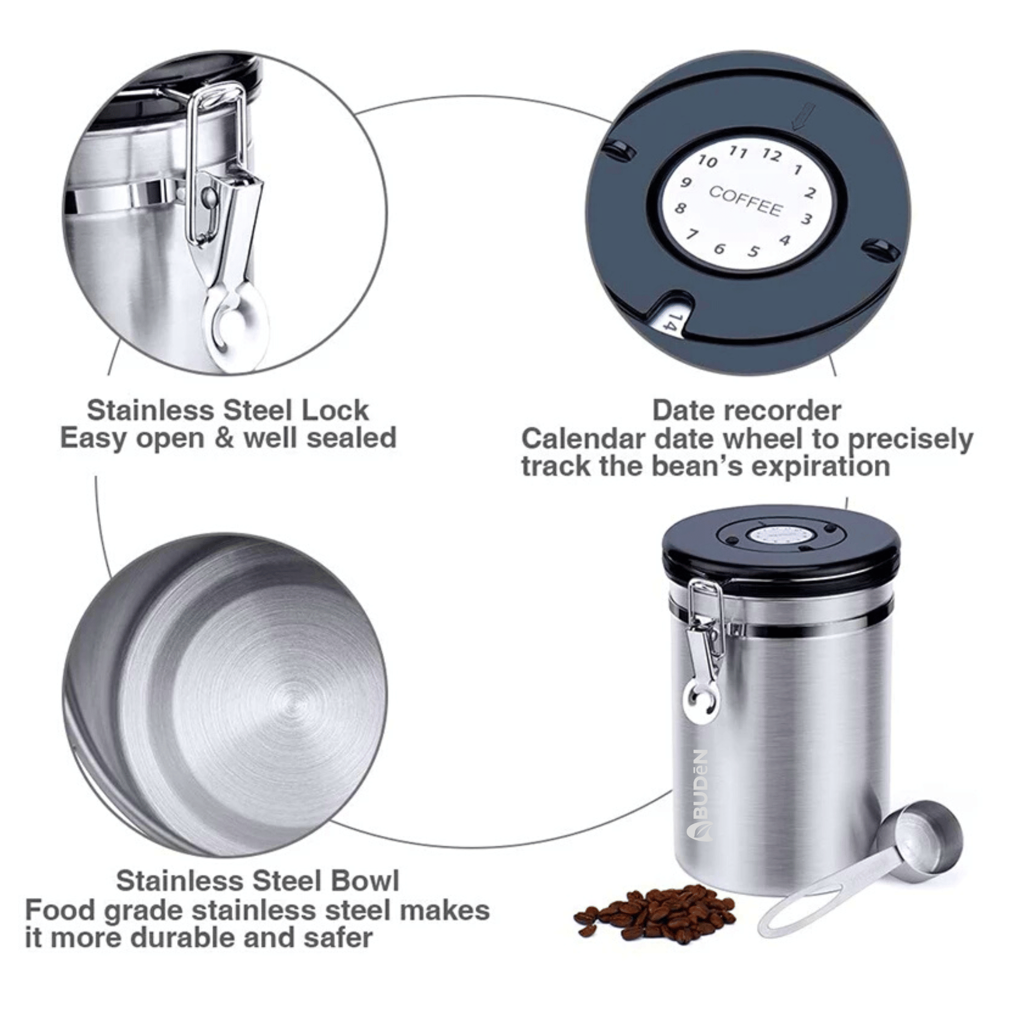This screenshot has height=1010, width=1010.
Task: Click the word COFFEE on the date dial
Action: (x=745, y=201)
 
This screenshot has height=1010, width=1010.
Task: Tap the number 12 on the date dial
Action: (x=772, y=155)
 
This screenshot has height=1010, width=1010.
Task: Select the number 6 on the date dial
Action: (x=719, y=248)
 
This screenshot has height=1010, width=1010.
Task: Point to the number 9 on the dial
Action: (x=686, y=183)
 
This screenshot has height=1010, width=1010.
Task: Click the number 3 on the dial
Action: (x=806, y=219)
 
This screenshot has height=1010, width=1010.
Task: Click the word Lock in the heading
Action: (x=335, y=410)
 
